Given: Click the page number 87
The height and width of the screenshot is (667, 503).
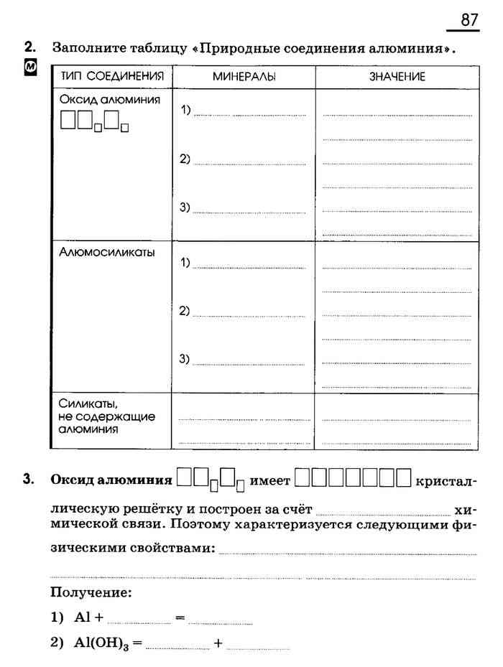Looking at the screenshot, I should pos(469,20).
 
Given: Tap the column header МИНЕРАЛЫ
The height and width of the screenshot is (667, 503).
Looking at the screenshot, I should pos(244,77).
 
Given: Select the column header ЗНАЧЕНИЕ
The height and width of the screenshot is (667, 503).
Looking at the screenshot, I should pos(397,77).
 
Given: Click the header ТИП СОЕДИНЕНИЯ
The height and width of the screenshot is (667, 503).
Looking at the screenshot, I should pos(112,76).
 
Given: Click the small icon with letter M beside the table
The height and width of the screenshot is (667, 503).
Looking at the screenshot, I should pos(30,68).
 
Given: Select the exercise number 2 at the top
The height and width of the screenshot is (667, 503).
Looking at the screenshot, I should pos(29,47).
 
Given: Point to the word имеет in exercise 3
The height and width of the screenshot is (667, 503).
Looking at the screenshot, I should pos(269,479).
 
